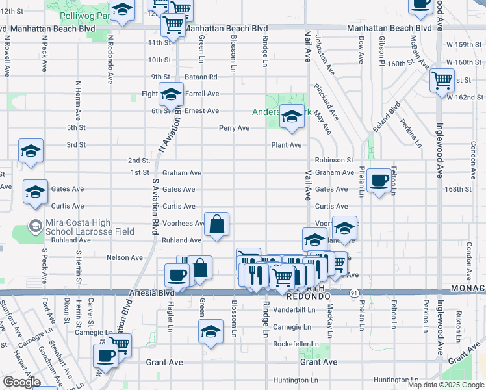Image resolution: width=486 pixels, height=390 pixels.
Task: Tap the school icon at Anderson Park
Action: pyautogui.click(x=292, y=117)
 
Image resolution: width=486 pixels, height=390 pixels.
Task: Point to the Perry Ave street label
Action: pyautogui.click(x=234, y=128)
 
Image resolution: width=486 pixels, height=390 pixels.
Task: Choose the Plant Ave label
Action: pyautogui.click(x=287, y=145)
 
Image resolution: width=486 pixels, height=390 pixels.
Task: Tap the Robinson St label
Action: pyautogui.click(x=334, y=160)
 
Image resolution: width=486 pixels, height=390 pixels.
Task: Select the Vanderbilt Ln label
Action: pyautogui.click(x=294, y=310)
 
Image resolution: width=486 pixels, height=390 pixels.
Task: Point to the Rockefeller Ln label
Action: pyautogui.click(x=296, y=344)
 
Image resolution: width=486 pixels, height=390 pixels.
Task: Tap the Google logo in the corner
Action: pyautogui.click(x=21, y=382)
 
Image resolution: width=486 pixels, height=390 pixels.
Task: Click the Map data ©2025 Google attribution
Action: pyautogui.click(x=446, y=385)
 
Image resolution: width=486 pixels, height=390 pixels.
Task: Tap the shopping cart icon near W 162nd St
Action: pyautogui.click(x=442, y=81)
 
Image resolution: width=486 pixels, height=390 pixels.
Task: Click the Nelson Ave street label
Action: pyautogui.click(x=125, y=257)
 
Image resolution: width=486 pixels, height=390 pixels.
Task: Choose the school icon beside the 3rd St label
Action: pyautogui.click(x=31, y=151)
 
